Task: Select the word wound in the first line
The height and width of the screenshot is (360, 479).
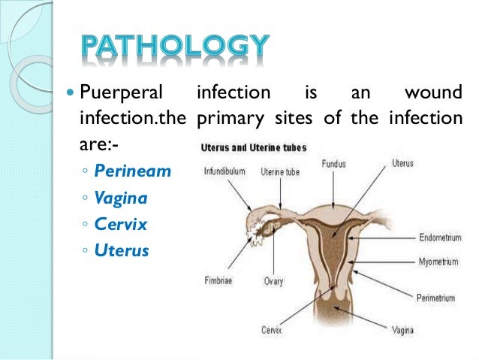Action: (x=432, y=95)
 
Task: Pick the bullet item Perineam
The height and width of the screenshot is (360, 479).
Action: (x=133, y=171)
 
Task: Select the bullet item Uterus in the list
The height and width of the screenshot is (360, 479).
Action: (x=122, y=250)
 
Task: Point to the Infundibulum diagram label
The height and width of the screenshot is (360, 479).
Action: (x=224, y=171)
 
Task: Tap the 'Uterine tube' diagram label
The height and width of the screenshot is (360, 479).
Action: (x=279, y=172)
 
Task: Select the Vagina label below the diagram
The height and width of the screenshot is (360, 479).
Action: (x=404, y=329)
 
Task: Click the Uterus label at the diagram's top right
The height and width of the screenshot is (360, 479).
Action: (x=402, y=162)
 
